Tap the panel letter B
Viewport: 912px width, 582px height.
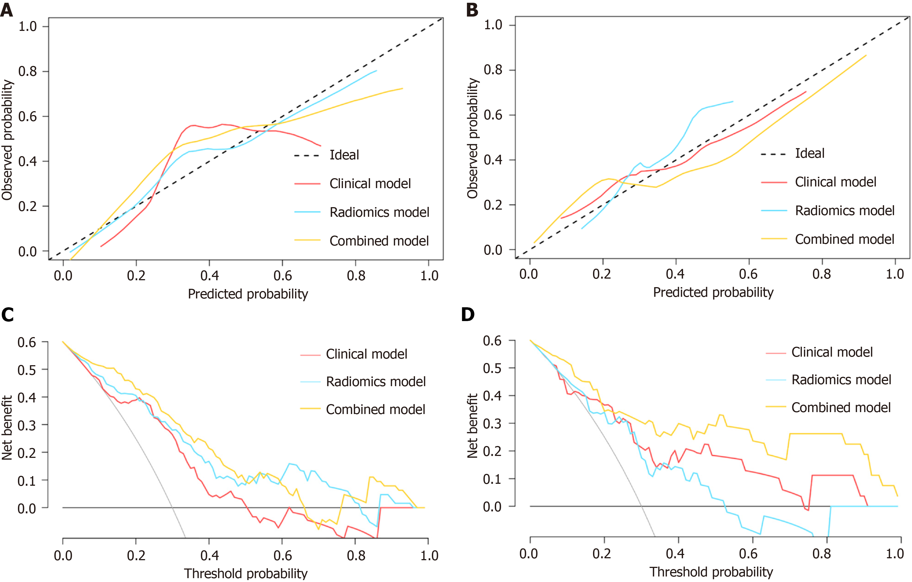472,10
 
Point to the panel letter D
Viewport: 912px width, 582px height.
468,314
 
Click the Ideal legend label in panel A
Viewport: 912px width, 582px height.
344,155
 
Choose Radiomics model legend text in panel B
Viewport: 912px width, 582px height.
845,210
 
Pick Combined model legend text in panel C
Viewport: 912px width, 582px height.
375,409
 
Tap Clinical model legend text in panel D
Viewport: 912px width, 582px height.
832,352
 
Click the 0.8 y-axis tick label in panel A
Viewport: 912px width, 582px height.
28,71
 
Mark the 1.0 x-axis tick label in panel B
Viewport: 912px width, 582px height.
895,274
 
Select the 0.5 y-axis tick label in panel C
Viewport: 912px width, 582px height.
27,370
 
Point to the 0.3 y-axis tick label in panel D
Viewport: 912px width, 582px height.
492,423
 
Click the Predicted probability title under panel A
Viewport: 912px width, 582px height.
248,294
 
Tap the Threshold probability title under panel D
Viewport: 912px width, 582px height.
711,572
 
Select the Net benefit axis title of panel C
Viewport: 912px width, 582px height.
7,428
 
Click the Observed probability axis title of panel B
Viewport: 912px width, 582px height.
472,138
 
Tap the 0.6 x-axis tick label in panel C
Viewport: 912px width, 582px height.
282,556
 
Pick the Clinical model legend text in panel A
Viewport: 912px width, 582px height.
370,184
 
